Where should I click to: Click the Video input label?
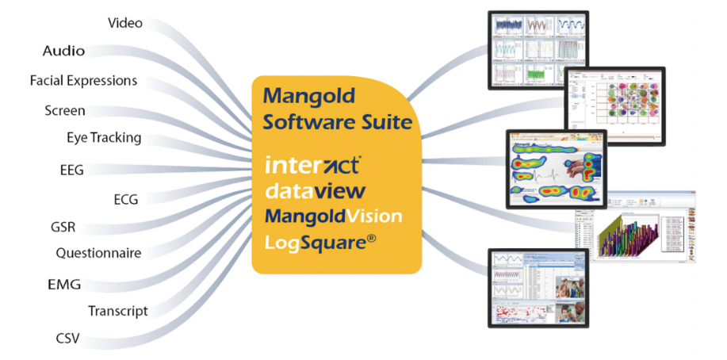coord(125,23)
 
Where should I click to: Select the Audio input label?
coord(63,51)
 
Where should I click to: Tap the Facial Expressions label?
coord(83,81)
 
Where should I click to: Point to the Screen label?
coord(65,110)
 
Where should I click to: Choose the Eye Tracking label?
coord(104,138)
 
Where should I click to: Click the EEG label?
coord(71,169)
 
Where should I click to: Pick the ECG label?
coord(125,199)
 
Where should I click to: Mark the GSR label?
coord(63,228)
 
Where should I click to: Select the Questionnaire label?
coord(98,254)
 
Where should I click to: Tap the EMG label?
coord(64,284)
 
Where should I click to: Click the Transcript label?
coord(117,311)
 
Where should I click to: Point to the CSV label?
coord(67,339)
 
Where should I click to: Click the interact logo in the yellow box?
coord(313,166)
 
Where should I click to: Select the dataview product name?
coord(315,191)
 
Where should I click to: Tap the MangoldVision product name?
coord(333,216)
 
